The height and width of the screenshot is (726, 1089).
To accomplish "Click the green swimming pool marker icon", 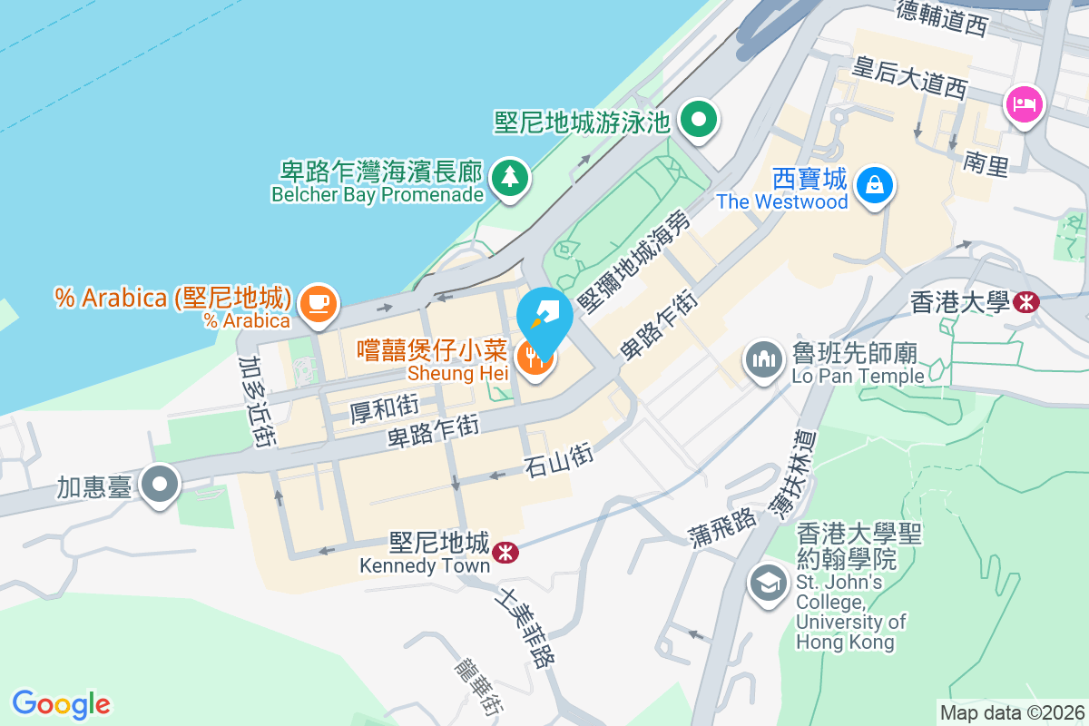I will click(x=700, y=119).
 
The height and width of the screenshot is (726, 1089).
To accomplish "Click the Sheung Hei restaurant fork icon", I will click(x=535, y=359).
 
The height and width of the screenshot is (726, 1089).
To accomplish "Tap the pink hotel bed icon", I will click(x=1024, y=103).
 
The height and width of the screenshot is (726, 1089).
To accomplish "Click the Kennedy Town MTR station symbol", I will click(x=505, y=550).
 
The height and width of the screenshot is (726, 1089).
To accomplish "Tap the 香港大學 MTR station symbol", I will click(x=1027, y=302).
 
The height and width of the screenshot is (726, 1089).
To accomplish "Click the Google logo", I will click(x=62, y=703).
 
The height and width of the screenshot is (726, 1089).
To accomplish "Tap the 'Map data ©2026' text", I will click(x=1012, y=712).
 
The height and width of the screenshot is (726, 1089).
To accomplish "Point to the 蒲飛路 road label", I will click(x=723, y=525).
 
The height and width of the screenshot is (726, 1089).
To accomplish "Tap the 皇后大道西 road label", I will click(x=910, y=76).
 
